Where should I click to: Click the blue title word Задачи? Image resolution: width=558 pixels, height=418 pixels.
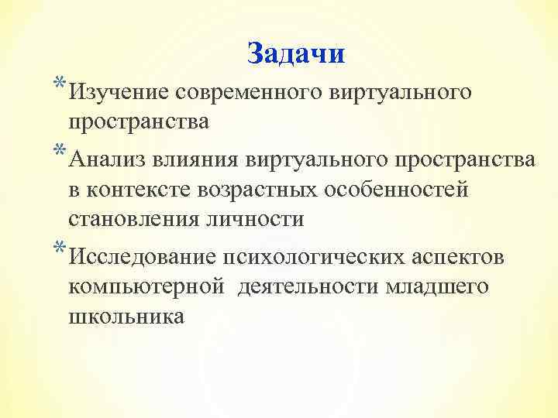coord(296,54)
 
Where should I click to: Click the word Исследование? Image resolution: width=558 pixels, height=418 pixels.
coord(140,257)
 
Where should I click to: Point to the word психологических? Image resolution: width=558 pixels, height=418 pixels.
coord(305,257)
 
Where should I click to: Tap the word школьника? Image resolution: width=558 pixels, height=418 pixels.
coord(126,317)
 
